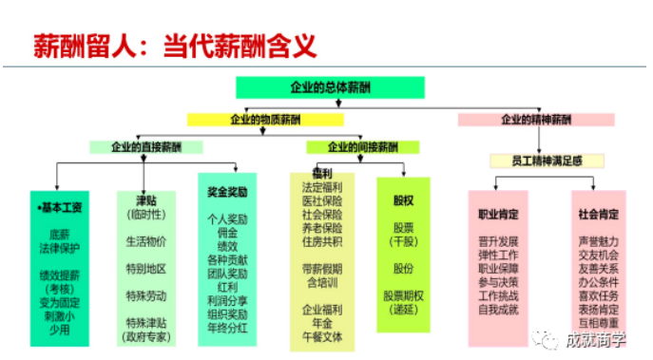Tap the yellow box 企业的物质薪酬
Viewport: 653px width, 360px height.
coord(263,120)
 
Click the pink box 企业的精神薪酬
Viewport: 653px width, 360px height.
coord(536,120)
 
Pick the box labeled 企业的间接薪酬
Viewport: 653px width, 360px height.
coord(362,147)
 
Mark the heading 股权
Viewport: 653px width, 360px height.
coord(403,200)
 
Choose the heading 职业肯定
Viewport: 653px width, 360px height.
coord(500,215)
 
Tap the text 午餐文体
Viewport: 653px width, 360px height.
coord(321,336)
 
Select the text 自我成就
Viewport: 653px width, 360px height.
coord(500,309)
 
